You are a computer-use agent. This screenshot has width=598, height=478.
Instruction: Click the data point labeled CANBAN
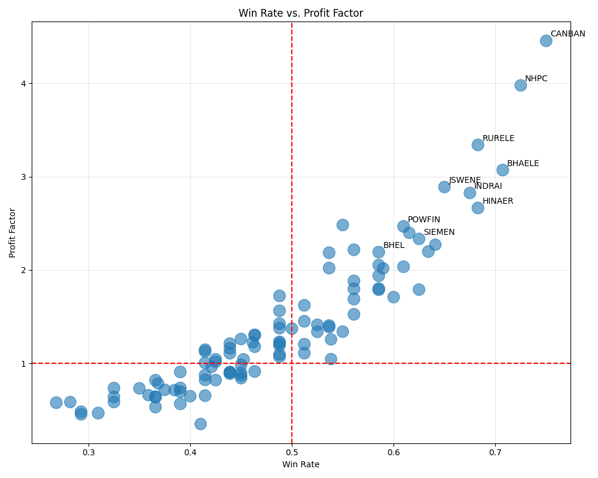[x=546, y=41]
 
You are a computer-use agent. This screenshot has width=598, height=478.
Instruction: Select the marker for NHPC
[x=521, y=85]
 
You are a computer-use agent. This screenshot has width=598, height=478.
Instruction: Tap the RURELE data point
[x=478, y=145]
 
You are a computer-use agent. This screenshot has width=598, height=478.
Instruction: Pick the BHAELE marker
[x=503, y=170]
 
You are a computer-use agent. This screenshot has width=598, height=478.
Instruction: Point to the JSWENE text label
[x=465, y=180]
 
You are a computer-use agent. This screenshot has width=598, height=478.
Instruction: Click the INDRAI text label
[x=488, y=186]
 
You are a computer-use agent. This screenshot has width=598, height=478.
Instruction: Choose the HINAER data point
[x=478, y=208]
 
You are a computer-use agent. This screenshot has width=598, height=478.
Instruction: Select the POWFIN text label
[x=424, y=220]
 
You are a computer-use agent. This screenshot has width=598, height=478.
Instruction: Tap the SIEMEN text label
[x=439, y=232]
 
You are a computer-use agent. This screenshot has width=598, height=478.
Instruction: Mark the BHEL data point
[x=379, y=252]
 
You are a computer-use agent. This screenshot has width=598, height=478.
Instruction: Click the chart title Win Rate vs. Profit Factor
[x=301, y=13]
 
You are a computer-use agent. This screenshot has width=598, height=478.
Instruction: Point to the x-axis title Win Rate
[x=301, y=464]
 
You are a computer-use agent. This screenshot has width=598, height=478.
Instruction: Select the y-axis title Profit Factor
[x=13, y=233]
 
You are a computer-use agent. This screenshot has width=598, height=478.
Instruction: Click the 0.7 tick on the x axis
[x=495, y=453]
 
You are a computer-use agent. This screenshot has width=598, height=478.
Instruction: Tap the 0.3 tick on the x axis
[x=89, y=453]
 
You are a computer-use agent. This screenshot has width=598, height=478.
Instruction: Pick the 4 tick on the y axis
[x=24, y=83]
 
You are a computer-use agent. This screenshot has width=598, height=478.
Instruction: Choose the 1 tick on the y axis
[x=24, y=363]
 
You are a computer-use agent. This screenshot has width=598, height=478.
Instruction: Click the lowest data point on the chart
[x=201, y=424]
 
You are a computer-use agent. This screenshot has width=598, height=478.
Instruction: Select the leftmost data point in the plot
[x=56, y=403]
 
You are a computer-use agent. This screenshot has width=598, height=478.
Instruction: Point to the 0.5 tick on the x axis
[x=292, y=453]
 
